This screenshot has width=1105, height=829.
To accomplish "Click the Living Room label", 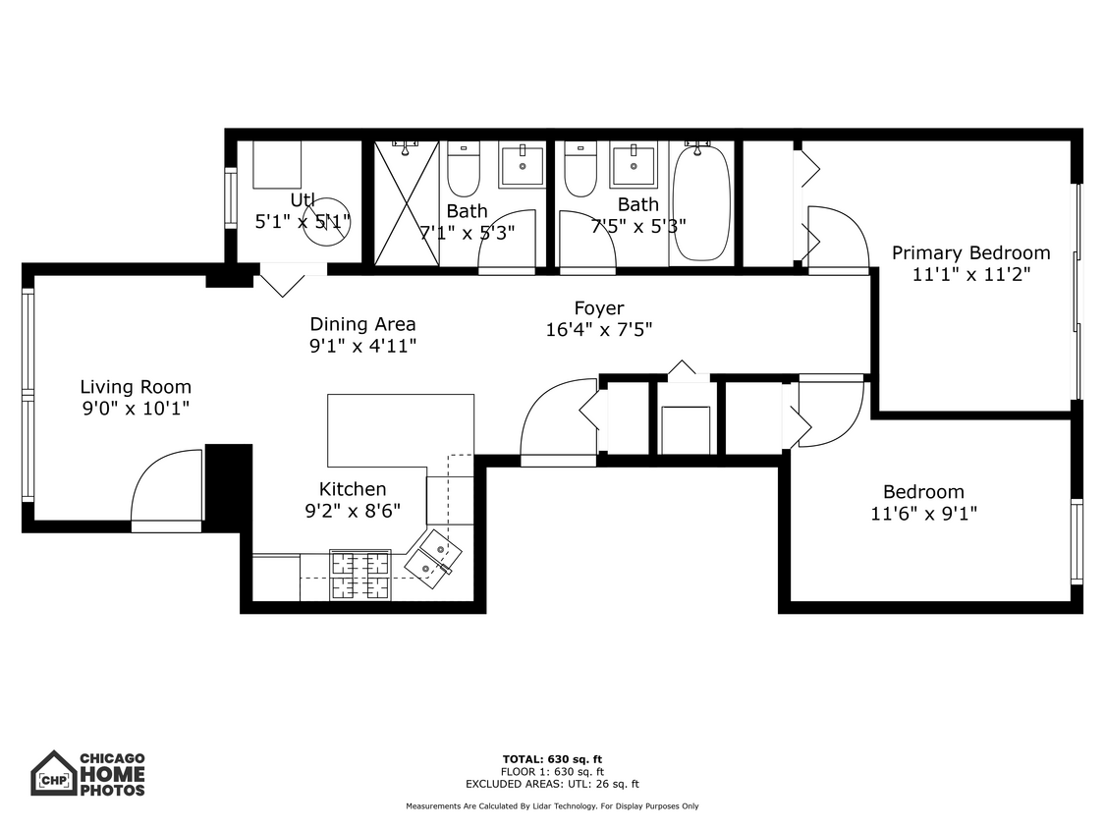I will tap(136, 387).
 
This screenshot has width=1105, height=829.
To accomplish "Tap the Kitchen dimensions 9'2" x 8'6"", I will tap(353, 511).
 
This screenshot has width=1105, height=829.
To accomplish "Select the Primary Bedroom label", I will tap(970, 253).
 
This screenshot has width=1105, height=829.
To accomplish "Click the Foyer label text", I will tap(599, 308).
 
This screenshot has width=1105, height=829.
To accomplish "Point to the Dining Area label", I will tap(362, 324).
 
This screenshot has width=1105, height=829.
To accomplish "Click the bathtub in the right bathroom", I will tap(701, 204).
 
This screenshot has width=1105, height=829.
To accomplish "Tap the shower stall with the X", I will tap(406, 203).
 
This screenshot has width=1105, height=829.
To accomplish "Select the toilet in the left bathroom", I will tap(463, 170).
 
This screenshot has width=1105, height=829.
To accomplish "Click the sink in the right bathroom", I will tap(634, 165).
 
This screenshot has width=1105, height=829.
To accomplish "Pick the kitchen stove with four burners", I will tap(359, 575).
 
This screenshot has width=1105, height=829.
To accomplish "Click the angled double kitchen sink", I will tap(434, 556).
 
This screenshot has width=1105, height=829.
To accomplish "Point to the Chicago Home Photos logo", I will tap(88, 773).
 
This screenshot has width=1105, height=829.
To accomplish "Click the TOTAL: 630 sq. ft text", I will tap(552, 759).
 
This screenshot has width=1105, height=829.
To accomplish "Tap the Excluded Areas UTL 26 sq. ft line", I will tap(552, 784).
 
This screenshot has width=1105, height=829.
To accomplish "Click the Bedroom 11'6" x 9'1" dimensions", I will tap(923, 513).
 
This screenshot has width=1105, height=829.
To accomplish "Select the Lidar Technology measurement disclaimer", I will tap(552, 806).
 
